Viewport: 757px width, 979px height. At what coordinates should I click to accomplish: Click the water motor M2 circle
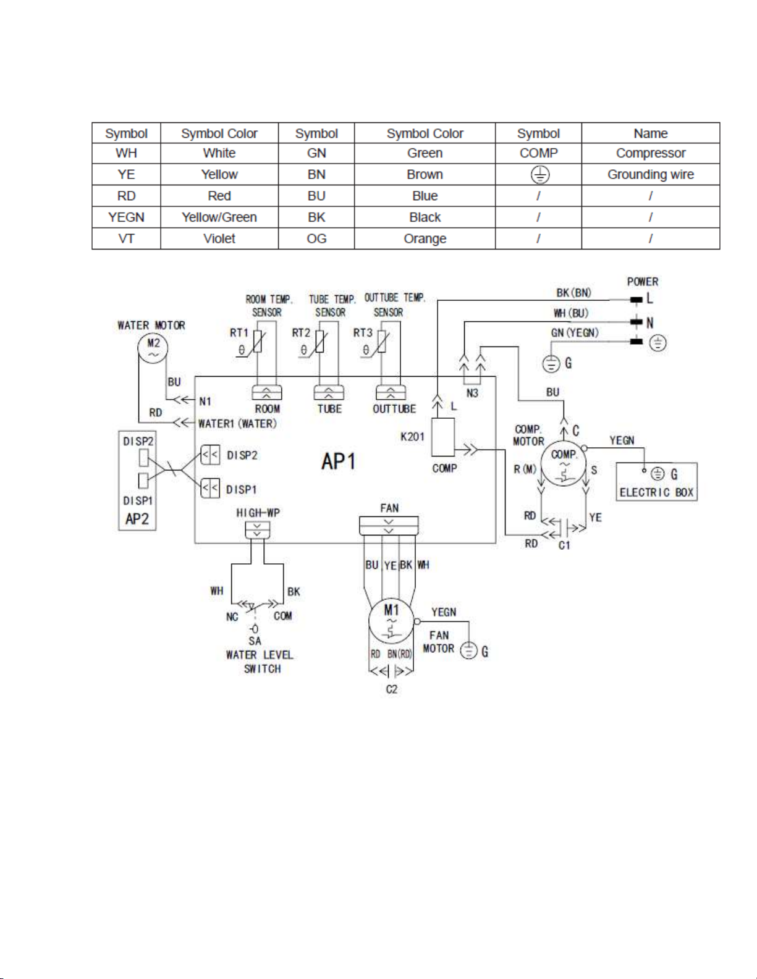pyautogui.click(x=152, y=347)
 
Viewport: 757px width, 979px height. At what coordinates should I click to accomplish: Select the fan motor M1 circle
pyautogui.click(x=391, y=621)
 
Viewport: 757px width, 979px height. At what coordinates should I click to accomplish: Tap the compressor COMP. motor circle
pyautogui.click(x=564, y=464)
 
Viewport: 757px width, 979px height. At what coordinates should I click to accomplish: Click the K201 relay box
pyautogui.click(x=443, y=437)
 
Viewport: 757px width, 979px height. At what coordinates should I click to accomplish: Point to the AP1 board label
pyautogui.click(x=338, y=461)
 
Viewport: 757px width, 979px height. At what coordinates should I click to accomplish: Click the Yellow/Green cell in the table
pyautogui.click(x=219, y=217)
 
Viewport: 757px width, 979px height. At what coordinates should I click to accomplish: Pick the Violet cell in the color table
pyautogui.click(x=219, y=239)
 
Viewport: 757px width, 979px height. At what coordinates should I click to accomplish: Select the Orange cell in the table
pyautogui.click(x=425, y=239)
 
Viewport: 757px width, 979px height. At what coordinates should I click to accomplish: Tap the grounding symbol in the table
pyautogui.click(x=539, y=175)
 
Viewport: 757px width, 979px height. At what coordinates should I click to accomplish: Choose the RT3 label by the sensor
pyautogui.click(x=363, y=332)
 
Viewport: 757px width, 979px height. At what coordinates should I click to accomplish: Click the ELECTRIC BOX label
pyautogui.click(x=656, y=492)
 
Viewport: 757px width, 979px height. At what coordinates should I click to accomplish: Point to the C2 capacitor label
pyautogui.click(x=392, y=689)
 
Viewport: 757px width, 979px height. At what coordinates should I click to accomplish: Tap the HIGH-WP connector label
pyautogui.click(x=258, y=513)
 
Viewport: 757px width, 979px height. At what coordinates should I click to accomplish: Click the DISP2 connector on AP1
pyautogui.click(x=210, y=456)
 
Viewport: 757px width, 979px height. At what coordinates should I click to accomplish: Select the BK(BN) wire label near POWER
pyautogui.click(x=573, y=293)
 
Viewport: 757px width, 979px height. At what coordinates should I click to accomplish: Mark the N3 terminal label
pyautogui.click(x=472, y=393)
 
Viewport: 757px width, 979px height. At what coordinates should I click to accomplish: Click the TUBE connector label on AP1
pyautogui.click(x=329, y=409)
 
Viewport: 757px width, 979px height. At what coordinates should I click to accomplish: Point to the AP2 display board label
pyautogui.click(x=137, y=519)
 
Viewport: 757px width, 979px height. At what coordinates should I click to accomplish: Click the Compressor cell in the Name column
pyautogui.click(x=650, y=153)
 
